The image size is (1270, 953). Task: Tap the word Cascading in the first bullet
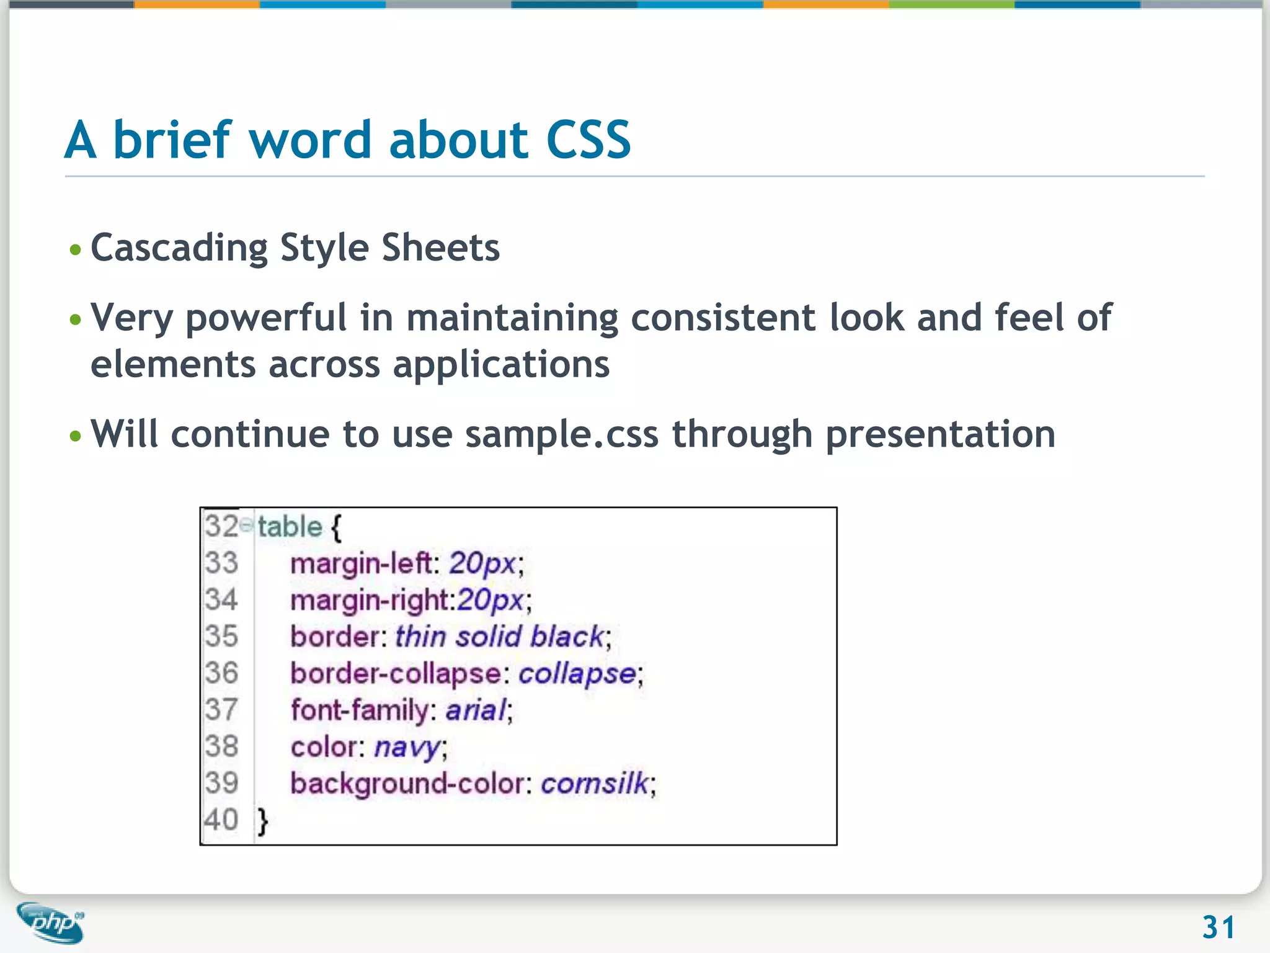[179, 248]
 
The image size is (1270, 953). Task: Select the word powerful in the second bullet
[266, 318]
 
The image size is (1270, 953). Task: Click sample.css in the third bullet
[562, 434]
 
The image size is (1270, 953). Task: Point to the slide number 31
[1219, 928]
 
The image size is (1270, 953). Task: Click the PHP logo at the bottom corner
[51, 923]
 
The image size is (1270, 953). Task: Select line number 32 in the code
[221, 526]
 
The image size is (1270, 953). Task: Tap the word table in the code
[290, 527]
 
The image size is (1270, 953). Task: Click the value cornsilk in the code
[595, 783]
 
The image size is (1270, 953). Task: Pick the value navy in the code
[407, 747]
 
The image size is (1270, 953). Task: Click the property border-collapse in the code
[395, 674]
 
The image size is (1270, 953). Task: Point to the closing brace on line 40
[263, 820]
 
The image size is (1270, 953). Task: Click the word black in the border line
[567, 637]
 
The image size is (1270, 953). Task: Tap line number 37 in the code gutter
[221, 710]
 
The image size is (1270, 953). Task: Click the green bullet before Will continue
[76, 436]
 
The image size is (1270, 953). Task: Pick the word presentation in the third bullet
[940, 434]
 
